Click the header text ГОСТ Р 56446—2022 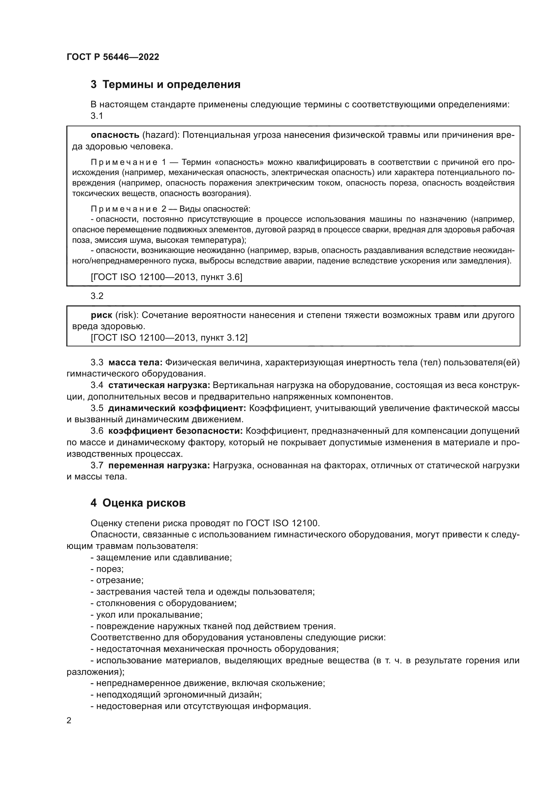pyautogui.click(x=113, y=57)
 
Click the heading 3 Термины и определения pyautogui.click(x=166, y=85)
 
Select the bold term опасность pyautogui.click(x=115, y=135)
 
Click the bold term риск pyautogui.click(x=101, y=315)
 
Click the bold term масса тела pyautogui.click(x=135, y=363)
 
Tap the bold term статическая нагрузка pyautogui.click(x=159, y=385)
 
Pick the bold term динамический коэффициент pyautogui.click(x=177, y=408)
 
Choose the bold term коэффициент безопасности pyautogui.click(x=175, y=431)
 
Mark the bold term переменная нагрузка pyautogui.click(x=159, y=466)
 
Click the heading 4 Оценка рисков pyautogui.click(x=138, y=503)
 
